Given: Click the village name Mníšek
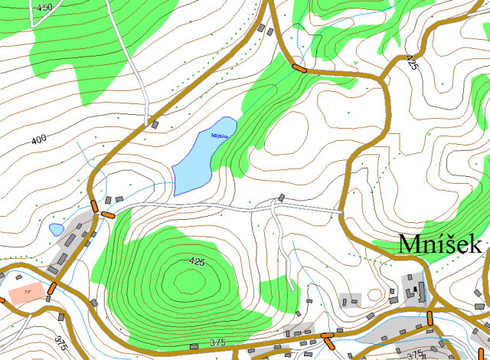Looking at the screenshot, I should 439,244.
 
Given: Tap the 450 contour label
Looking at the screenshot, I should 44,7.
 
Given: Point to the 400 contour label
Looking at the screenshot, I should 39,139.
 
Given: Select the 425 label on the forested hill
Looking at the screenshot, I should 197,262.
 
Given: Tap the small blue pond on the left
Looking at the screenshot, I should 56,229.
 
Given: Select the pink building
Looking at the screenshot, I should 28,292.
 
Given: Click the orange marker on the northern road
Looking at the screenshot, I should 299,67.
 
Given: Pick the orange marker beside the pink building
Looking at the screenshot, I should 51,289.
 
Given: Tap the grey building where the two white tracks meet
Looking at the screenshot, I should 281,198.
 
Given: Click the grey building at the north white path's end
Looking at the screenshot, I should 154,123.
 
